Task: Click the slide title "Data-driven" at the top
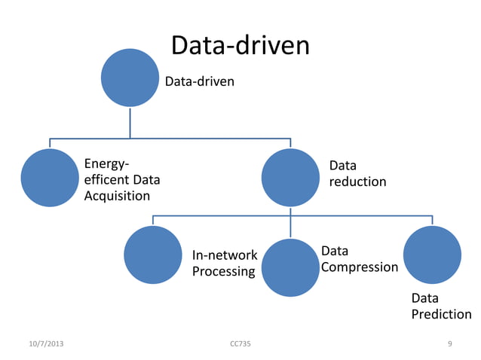240,46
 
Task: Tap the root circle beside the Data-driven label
130,78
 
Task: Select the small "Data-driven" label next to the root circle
200,81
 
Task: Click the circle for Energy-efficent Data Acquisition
50,178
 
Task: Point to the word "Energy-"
106,163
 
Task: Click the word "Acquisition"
117,197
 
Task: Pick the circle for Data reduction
290,178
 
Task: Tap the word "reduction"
357,182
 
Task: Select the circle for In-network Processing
153,255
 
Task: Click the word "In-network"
225,255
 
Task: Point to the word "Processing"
223,271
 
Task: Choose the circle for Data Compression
290,267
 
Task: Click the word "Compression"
360,267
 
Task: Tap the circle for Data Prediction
432,255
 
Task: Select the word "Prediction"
441,314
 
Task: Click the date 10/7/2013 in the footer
46,344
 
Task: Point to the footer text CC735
240,344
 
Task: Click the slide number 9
450,344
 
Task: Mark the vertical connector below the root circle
130,123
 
